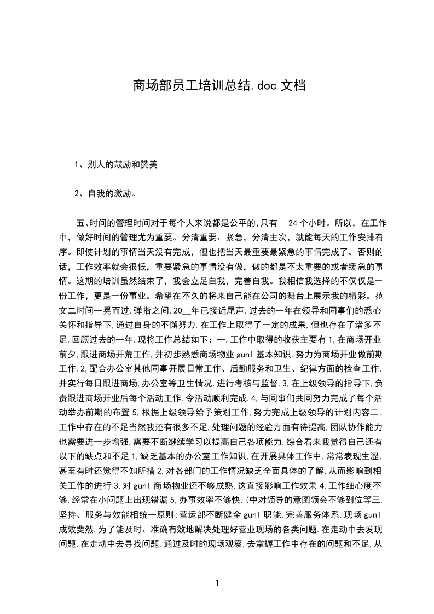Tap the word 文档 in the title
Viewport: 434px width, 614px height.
(x=292, y=86)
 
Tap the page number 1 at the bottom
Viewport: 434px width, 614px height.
(x=217, y=582)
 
